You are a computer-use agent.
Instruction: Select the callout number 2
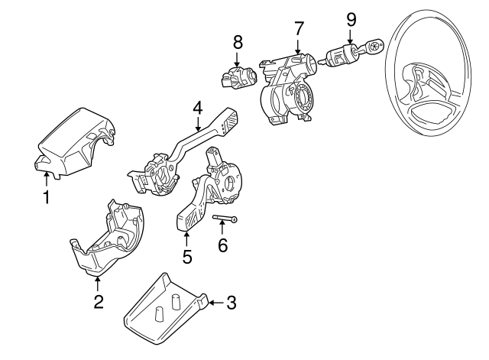coord(98,302)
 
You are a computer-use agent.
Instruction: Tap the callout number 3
coord(232,303)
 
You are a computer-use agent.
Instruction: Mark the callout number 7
coord(299,28)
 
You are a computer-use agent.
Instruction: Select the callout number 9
coord(351,18)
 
